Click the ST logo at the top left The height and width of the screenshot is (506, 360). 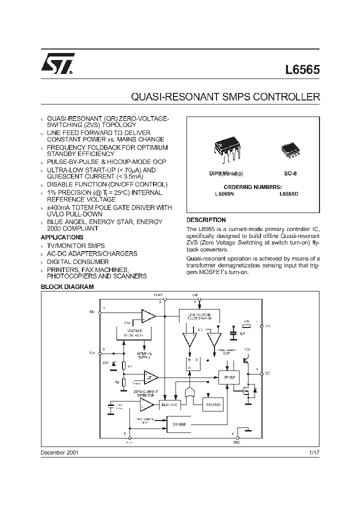[x=58, y=64]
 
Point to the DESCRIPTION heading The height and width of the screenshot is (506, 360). [x=206, y=220]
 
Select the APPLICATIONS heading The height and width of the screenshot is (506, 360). [x=61, y=237]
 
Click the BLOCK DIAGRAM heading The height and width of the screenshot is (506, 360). [x=67, y=287]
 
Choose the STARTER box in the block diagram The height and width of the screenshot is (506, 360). [x=211, y=405]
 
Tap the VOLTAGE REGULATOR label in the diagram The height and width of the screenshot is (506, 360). [x=134, y=333]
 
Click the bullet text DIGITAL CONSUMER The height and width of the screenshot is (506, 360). [x=77, y=261]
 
